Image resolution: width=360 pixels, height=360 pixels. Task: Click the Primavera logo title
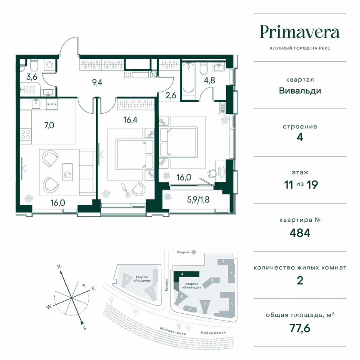pyautogui.click(x=300, y=32)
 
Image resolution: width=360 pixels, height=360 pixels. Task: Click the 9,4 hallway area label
pyautogui.click(x=97, y=82)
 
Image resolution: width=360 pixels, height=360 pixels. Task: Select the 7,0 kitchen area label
pyautogui.click(x=43, y=125)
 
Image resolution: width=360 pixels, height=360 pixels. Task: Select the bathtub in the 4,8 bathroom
pyautogui.click(x=189, y=81)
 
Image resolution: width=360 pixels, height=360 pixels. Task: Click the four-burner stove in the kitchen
pyautogui.click(x=26, y=134)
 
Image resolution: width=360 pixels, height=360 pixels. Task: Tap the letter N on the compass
pyautogui.click(x=59, y=266)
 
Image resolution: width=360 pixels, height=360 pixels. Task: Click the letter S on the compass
pyautogui.click(x=85, y=328)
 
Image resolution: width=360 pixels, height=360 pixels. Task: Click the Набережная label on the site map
pyautogui.click(x=212, y=332)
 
